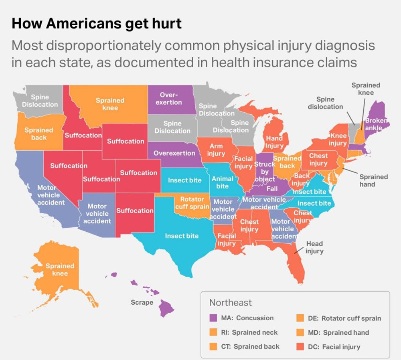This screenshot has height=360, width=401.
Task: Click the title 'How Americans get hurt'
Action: (96, 24)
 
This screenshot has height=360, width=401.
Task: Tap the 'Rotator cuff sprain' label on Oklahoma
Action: (192, 203)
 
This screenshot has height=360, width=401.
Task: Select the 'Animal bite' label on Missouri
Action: (222, 182)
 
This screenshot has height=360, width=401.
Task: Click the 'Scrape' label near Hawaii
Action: (142, 302)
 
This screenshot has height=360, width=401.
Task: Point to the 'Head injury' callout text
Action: (314, 247)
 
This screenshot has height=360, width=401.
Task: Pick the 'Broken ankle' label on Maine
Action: (376, 124)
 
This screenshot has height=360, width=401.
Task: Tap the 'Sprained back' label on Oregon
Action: (39, 133)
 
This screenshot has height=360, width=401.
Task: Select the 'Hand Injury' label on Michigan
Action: (274, 142)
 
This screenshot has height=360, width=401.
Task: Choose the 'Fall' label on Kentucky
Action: (272, 189)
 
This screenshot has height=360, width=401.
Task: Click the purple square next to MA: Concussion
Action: (214, 318)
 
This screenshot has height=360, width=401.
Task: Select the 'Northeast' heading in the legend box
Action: (231, 302)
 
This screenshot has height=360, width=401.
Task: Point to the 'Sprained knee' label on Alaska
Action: (60, 269)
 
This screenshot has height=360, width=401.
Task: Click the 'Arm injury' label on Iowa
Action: (216, 150)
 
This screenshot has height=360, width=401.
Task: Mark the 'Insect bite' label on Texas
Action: (182, 236)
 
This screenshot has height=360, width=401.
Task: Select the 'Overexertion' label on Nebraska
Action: (174, 153)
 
